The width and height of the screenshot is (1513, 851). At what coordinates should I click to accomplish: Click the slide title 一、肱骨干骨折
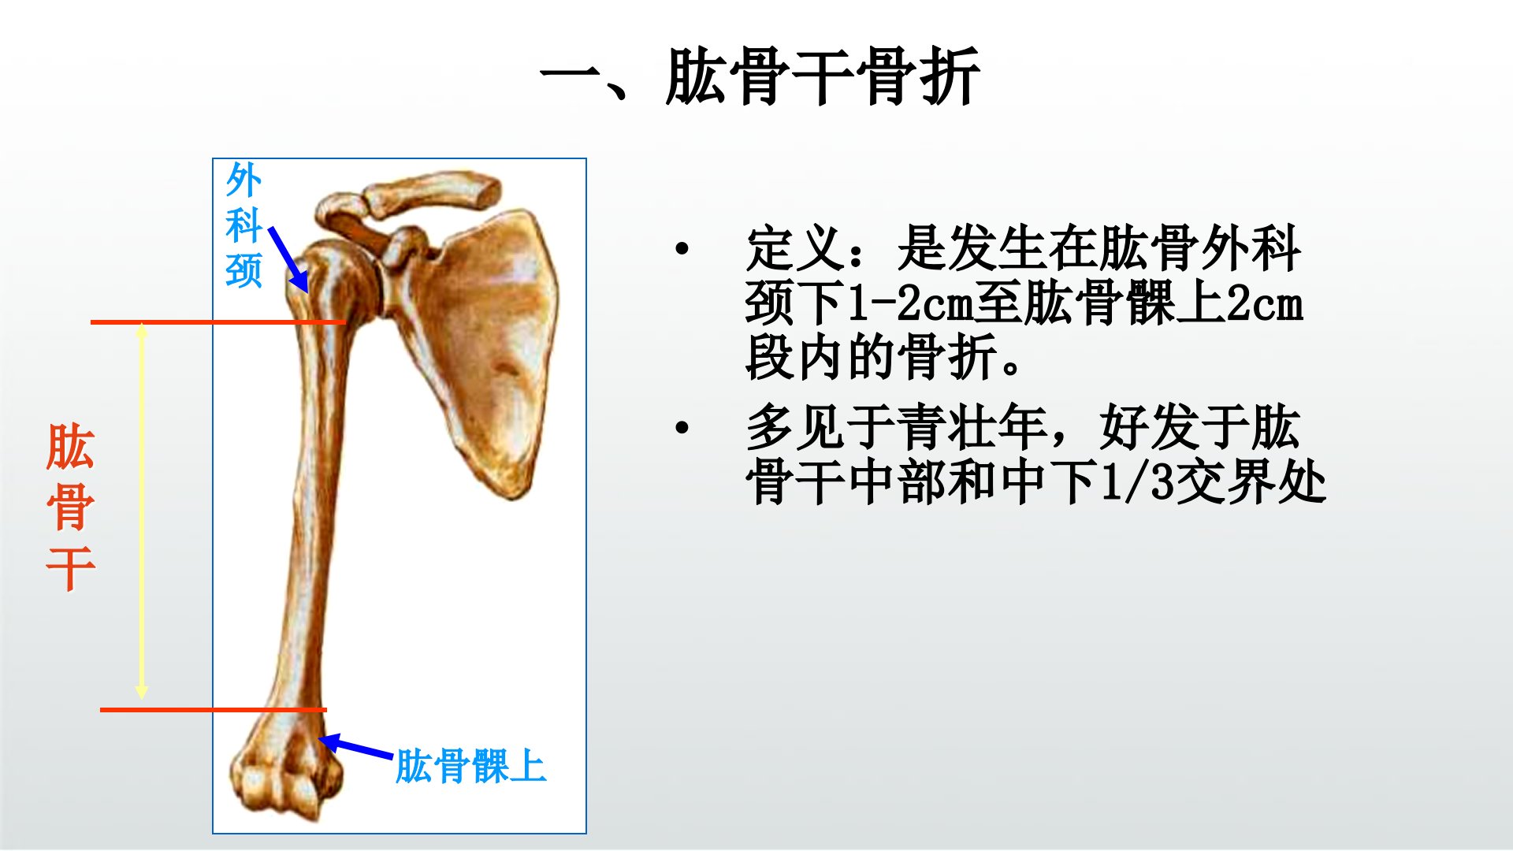coord(760,76)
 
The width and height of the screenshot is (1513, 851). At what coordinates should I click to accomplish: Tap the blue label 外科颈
coord(243,225)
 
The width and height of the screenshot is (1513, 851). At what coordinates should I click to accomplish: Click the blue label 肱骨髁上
coord(470,766)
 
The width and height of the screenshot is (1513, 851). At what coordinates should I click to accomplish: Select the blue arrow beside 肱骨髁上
coord(355,746)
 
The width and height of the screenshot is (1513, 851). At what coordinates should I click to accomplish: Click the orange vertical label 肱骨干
coord(71,507)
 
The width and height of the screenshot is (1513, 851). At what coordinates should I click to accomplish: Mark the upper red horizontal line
coord(218,322)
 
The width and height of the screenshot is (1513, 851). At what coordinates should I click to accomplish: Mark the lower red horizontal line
coord(213,710)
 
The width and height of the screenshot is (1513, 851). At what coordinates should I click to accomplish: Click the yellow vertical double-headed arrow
coord(142,511)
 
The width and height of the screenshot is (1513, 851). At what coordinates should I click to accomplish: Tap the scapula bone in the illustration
coord(481,347)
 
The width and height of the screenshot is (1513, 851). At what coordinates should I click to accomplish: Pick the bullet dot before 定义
coord(682,249)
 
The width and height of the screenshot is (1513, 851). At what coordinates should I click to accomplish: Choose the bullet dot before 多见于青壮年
coord(682,428)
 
